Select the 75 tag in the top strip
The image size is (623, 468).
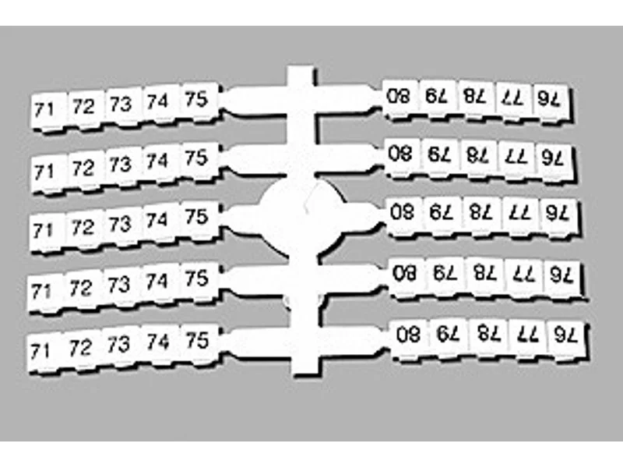(x=199, y=101)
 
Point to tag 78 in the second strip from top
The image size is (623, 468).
(x=480, y=158)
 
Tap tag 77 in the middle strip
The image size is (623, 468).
(x=521, y=216)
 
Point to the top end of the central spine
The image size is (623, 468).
(x=301, y=68)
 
